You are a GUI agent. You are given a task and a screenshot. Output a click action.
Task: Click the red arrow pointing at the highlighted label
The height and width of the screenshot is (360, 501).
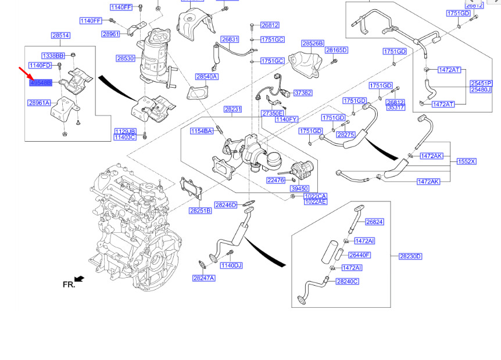pyautogui.click(x=24, y=73)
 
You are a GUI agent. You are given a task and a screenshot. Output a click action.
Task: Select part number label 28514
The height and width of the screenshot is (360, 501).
pyautogui.click(x=60, y=35)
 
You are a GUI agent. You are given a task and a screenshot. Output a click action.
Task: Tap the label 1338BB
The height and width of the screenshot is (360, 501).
pyautogui.click(x=53, y=55)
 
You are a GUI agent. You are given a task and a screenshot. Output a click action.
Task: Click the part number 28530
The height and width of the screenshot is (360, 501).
pyautogui.click(x=126, y=58)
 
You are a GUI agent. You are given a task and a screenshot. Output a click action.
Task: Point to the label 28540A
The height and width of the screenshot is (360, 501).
pyautogui.click(x=206, y=77)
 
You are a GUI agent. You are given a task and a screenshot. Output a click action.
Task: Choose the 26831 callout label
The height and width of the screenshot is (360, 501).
pyautogui.click(x=230, y=39)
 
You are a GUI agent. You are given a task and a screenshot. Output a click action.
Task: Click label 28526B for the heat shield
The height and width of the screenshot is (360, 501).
pyautogui.click(x=313, y=44)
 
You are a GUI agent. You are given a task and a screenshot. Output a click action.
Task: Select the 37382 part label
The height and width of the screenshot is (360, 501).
pyautogui.click(x=302, y=93)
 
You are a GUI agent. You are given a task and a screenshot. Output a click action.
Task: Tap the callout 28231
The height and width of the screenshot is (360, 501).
pyautogui.click(x=232, y=109)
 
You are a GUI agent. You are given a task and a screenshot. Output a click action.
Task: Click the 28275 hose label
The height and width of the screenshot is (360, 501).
pyautogui.click(x=346, y=135)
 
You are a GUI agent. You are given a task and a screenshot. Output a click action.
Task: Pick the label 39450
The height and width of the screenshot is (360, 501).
pyautogui.click(x=299, y=189)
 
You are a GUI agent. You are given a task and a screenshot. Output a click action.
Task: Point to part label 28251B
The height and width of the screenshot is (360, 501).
pyautogui.click(x=200, y=210)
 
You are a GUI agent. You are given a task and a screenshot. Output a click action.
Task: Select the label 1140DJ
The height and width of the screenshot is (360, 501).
pyautogui.click(x=231, y=265)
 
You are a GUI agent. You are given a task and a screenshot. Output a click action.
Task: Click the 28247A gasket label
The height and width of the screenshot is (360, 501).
pyautogui.click(x=204, y=278)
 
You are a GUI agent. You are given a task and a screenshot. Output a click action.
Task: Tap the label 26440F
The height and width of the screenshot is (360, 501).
pyautogui.click(x=359, y=255)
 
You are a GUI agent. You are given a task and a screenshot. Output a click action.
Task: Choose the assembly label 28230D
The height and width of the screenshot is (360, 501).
pyautogui.click(x=410, y=256)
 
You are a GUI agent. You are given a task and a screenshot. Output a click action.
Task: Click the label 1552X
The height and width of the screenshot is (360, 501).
pyautogui.click(x=466, y=161)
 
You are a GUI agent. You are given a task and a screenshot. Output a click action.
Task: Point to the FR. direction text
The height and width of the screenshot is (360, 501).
pyautogui.click(x=69, y=285)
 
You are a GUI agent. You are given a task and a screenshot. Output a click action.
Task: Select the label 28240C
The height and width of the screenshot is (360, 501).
pyautogui.click(x=347, y=282)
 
